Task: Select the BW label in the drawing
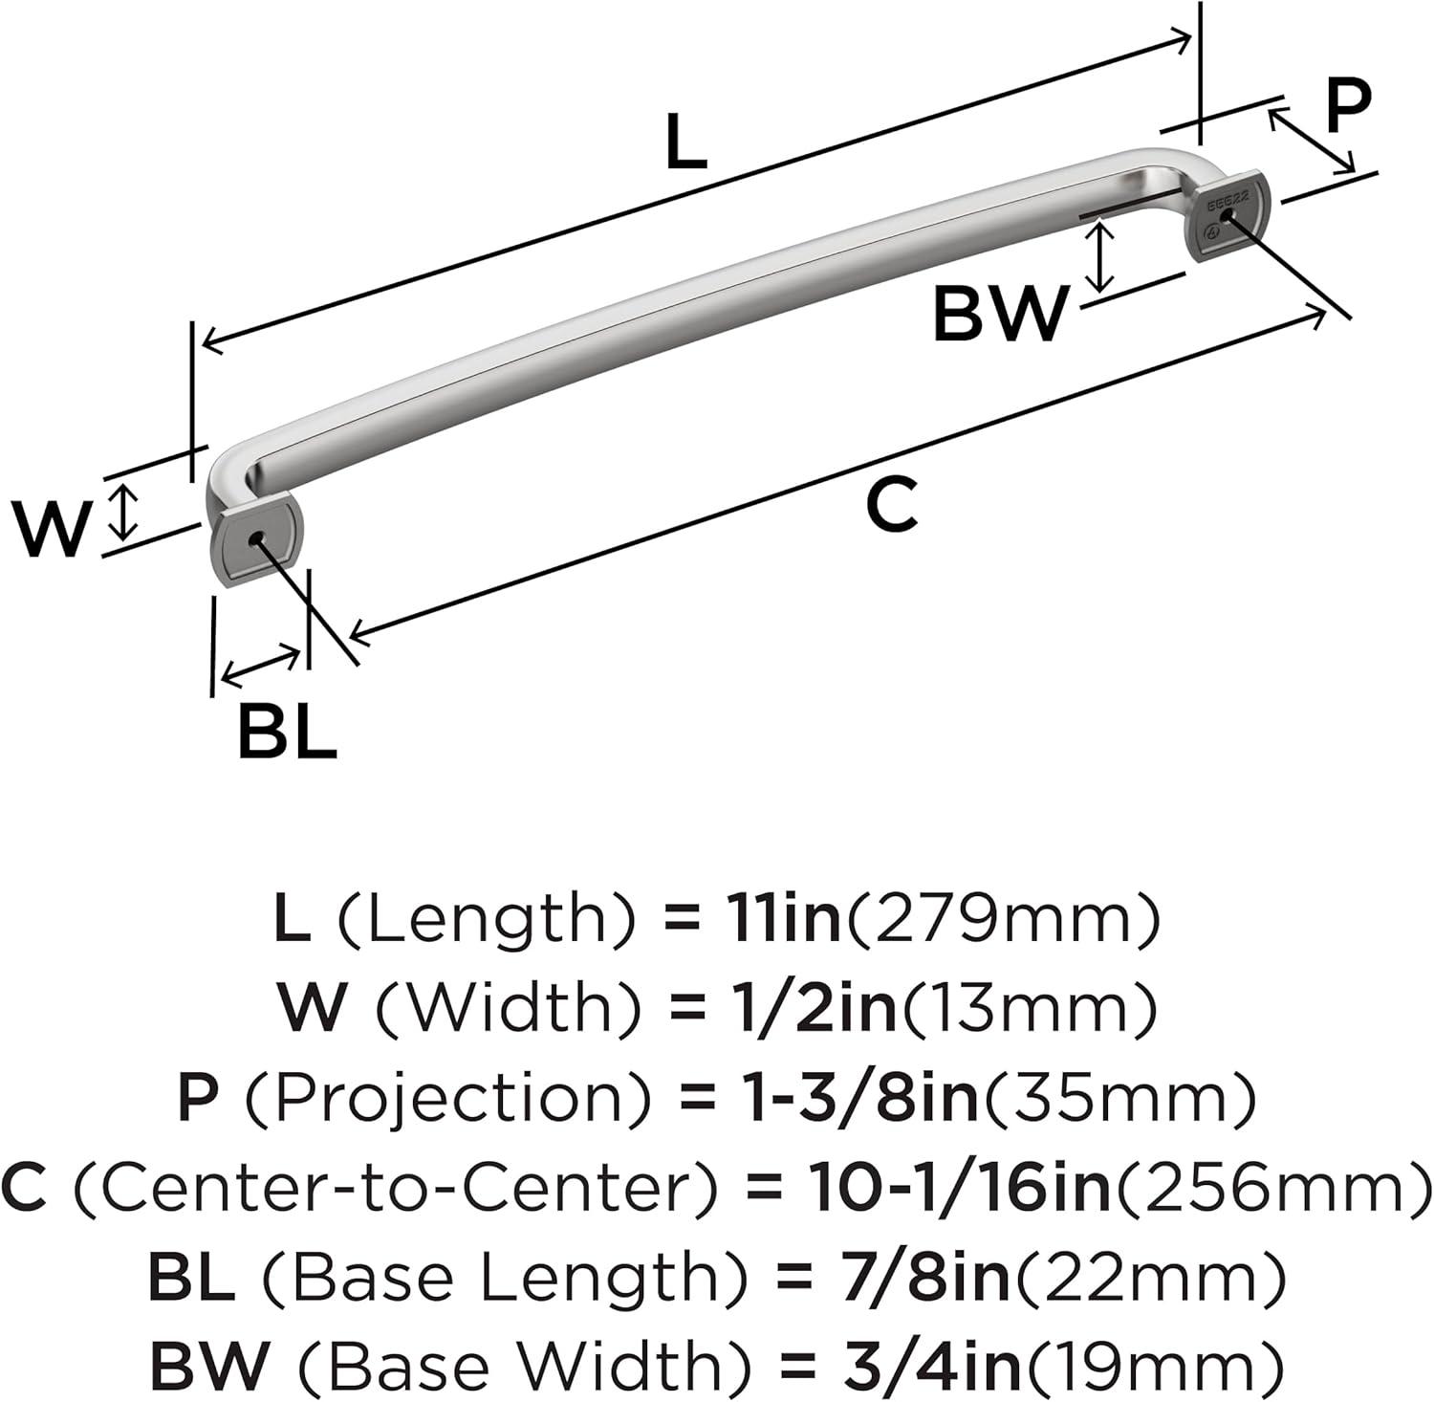(x=998, y=315)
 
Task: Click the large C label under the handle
(x=891, y=506)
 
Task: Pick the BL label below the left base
(x=287, y=732)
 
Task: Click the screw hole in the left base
(x=254, y=541)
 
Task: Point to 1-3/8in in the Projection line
(x=850, y=1098)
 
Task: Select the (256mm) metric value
(x=1272, y=1187)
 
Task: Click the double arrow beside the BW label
(x=1102, y=256)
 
